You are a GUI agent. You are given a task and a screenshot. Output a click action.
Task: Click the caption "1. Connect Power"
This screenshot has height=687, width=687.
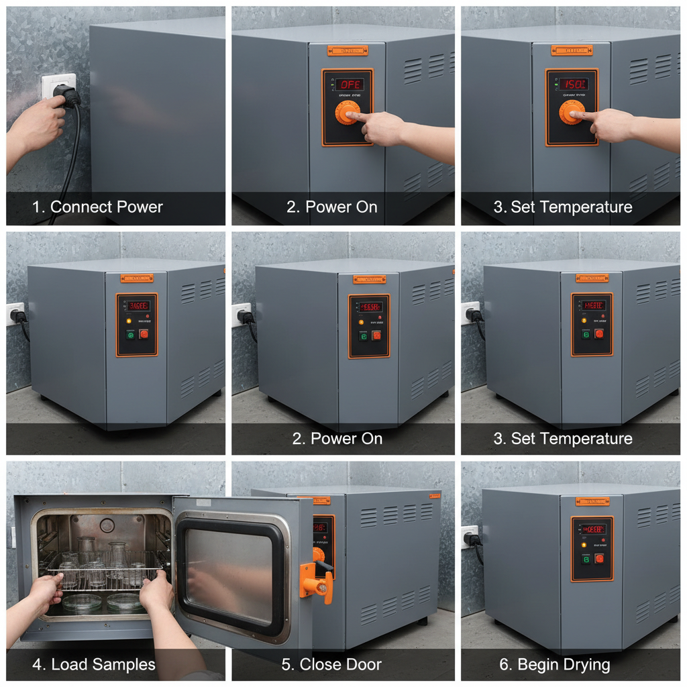(98, 207)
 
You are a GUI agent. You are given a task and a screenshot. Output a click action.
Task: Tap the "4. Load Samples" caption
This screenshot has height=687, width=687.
(94, 664)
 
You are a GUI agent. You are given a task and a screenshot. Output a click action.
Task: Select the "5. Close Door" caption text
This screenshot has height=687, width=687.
(331, 664)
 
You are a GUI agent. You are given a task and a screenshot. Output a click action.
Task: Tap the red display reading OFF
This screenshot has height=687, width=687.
(350, 85)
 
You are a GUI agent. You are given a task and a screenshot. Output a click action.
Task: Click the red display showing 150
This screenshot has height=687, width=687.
(574, 85)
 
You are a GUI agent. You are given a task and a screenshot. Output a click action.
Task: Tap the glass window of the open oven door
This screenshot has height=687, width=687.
(231, 570)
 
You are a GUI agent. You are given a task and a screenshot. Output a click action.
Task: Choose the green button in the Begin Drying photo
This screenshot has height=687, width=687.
(586, 558)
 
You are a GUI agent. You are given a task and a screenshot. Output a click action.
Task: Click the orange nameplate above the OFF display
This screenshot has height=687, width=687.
(347, 50)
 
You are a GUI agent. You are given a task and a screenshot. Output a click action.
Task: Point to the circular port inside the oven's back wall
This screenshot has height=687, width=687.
(107, 525)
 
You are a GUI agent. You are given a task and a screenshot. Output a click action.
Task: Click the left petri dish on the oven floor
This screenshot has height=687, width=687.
(82, 602)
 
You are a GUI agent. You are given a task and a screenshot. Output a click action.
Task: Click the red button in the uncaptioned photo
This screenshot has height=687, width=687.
(144, 334)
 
